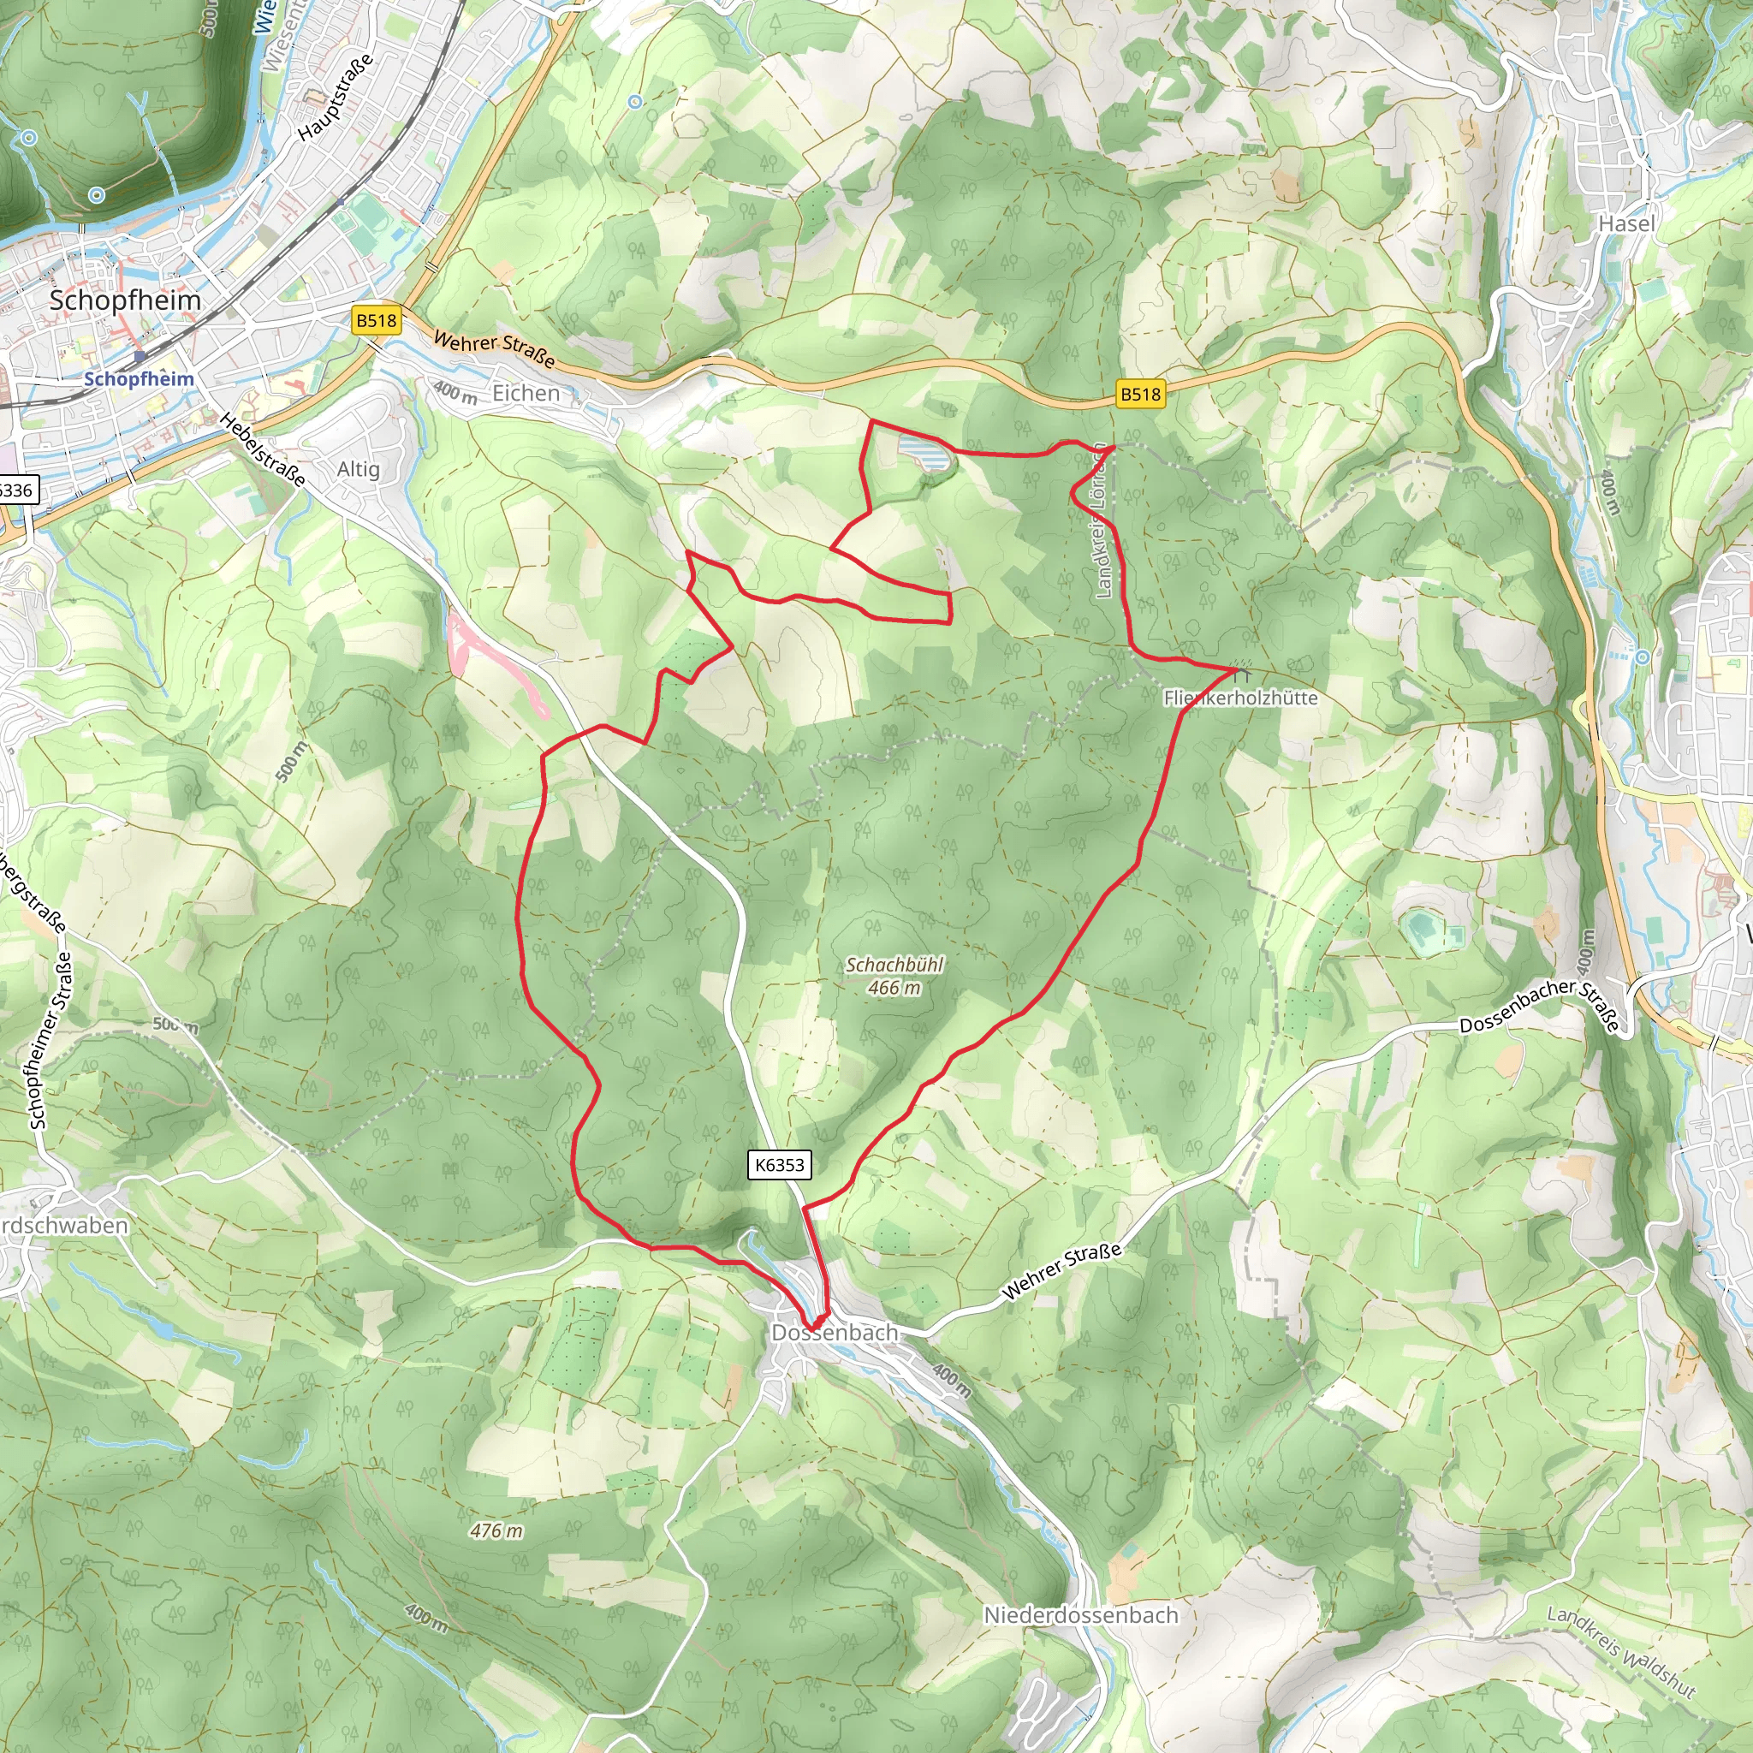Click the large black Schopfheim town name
(125, 300)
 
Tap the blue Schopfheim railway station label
(139, 379)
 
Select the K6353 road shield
(780, 1165)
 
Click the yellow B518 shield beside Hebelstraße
(377, 320)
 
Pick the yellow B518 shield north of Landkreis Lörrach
(1140, 394)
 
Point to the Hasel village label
(1627, 223)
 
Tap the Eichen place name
(526, 394)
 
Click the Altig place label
(359, 469)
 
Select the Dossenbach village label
(835, 1332)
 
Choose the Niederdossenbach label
(1082, 1615)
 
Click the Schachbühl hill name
(894, 965)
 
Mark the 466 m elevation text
(894, 988)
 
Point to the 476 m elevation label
(496, 1530)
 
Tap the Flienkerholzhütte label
(1240, 698)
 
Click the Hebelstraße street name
(263, 449)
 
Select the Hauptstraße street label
(336, 97)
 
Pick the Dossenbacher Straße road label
(1539, 1006)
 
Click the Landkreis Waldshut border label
(1621, 1651)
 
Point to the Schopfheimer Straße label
(51, 1039)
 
